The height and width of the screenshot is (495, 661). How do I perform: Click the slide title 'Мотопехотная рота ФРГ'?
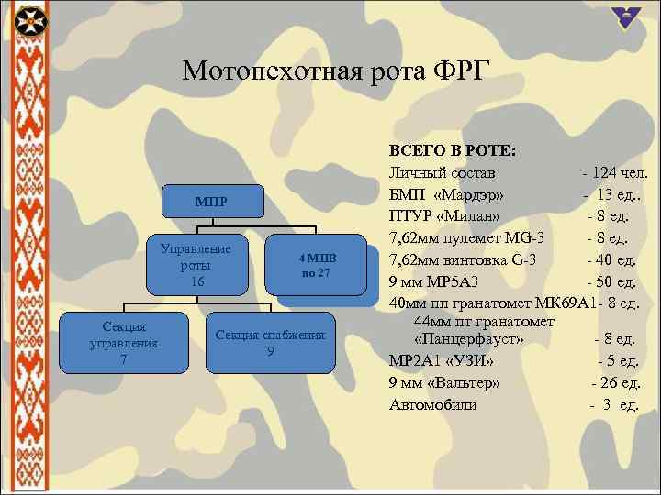[336, 71]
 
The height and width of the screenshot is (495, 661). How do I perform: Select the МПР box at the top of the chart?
[210, 202]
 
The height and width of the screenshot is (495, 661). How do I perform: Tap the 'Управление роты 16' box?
[195, 266]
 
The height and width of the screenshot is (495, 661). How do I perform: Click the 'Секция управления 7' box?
[123, 343]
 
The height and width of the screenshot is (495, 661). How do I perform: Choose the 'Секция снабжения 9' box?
[270, 343]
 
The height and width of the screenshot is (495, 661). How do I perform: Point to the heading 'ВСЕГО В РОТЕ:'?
[453, 149]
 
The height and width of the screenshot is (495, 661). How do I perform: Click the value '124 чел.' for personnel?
[620, 172]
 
